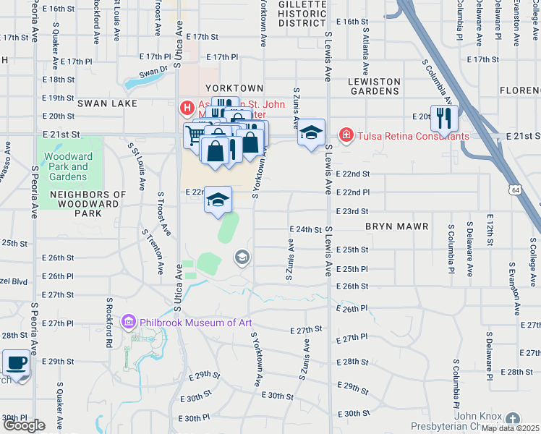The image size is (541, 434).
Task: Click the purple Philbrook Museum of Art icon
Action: coord(129,322)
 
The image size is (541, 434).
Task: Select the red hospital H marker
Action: coord(187,109)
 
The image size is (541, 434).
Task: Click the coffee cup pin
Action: coord(16,363)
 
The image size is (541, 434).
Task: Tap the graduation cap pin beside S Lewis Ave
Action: coord(311,133)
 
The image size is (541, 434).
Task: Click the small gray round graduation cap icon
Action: coord(242,258)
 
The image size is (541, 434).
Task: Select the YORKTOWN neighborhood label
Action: coord(239,87)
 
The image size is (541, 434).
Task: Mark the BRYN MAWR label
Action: coord(397,226)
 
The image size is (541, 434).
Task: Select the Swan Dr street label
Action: coord(153,72)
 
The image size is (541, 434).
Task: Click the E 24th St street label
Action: coord(304,229)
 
